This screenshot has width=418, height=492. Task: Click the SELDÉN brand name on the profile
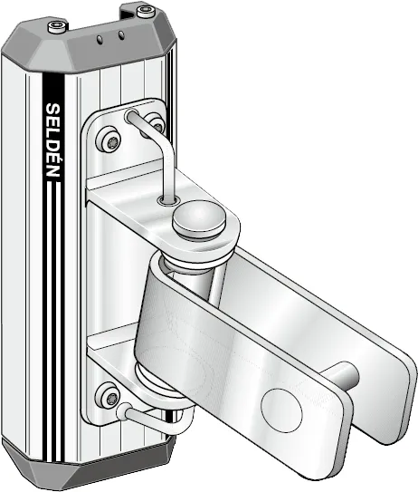click(x=52, y=140)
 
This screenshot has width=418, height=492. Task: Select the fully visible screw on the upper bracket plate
click(x=110, y=141)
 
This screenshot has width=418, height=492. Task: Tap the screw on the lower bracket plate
click(x=110, y=397)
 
